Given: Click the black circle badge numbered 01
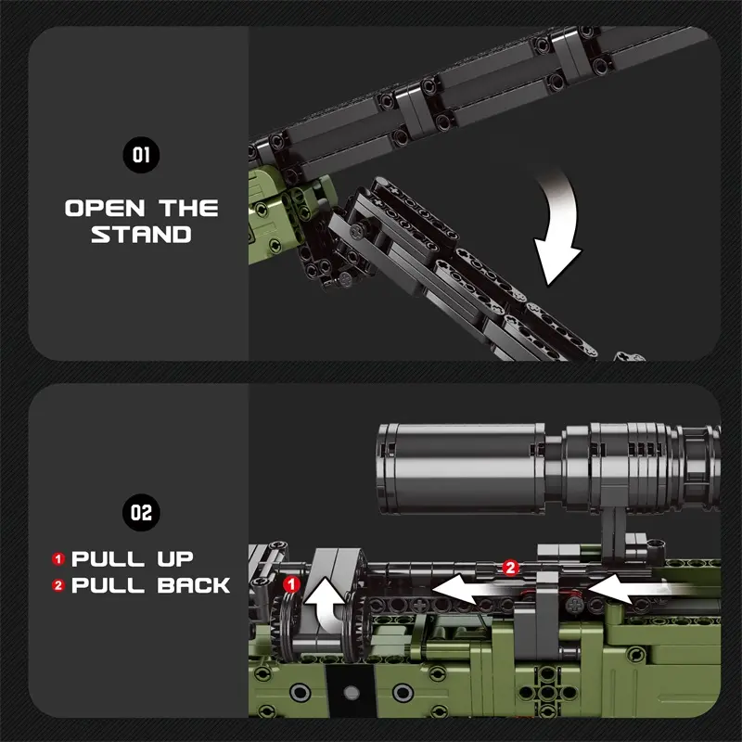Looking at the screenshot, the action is [x=141, y=155].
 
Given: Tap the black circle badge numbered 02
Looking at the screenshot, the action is [x=141, y=513].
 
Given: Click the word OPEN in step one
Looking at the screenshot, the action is [x=105, y=208].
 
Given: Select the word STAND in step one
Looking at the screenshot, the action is [x=141, y=235].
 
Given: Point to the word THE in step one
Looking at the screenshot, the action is [x=188, y=208].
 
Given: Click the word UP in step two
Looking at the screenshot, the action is [x=175, y=559].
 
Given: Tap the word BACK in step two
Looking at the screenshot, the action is [x=193, y=585].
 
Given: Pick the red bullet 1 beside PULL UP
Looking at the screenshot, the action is [x=58, y=559].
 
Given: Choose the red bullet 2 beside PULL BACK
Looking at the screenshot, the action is [x=58, y=585].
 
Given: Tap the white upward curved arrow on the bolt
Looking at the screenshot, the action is [x=326, y=604].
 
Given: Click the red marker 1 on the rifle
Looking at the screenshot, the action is [x=291, y=584].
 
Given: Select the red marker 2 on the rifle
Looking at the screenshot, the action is [x=510, y=568].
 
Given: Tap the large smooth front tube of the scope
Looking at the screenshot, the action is [x=461, y=468].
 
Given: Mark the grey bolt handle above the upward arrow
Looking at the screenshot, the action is [x=335, y=564].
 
